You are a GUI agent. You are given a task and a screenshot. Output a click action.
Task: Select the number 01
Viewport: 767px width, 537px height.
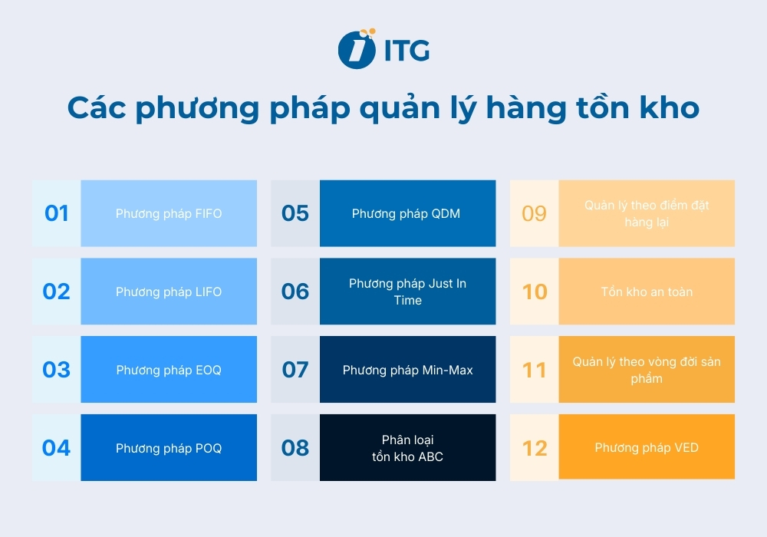point(57,213)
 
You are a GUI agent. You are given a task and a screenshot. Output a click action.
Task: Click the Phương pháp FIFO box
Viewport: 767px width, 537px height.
point(169,213)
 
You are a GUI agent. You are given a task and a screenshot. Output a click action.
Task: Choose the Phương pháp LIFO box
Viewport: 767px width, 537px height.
point(169,292)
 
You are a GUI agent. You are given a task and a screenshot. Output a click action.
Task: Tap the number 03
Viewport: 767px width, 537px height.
point(57,370)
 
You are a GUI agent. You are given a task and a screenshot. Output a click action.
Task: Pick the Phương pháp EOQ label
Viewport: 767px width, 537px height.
point(169,370)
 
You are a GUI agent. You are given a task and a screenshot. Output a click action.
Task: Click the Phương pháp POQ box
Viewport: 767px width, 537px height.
point(169,448)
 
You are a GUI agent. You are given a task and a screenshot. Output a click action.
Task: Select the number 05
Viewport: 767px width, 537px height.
point(295,213)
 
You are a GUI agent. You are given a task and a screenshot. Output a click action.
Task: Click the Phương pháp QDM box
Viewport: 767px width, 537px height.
point(407,213)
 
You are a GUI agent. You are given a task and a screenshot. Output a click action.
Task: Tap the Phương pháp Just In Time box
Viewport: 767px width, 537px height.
point(407,292)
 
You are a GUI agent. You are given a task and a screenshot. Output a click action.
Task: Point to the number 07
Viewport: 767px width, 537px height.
point(295,370)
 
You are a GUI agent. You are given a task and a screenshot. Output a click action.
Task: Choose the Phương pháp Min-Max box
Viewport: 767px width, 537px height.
point(407,370)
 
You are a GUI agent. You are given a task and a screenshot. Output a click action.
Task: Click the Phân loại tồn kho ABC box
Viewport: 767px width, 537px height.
point(407,448)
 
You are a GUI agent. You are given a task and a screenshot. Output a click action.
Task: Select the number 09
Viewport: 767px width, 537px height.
point(535,213)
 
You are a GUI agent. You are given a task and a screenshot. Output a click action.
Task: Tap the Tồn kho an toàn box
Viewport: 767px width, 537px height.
point(647,292)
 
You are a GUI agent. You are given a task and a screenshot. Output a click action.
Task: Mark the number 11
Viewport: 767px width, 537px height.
point(535,370)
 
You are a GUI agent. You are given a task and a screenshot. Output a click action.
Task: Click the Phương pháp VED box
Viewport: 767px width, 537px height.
point(647,448)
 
